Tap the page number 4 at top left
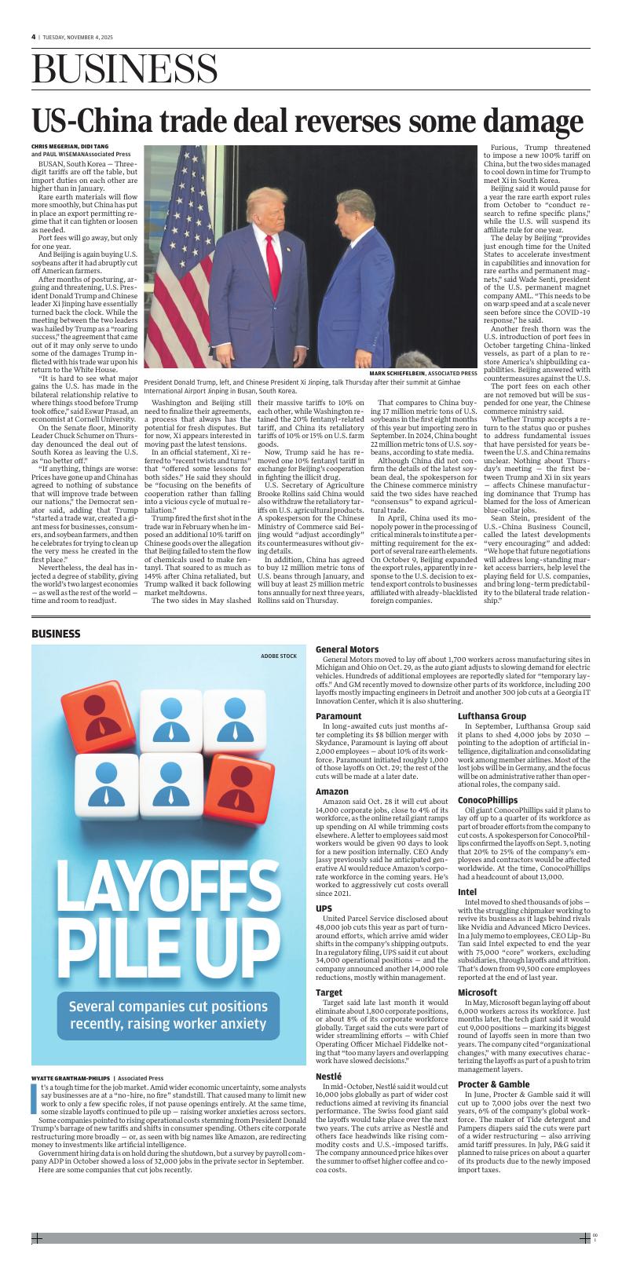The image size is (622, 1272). click(34, 37)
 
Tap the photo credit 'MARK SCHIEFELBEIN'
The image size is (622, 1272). click(403, 373)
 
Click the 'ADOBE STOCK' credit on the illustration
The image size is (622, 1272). click(279, 656)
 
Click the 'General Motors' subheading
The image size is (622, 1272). click(347, 649)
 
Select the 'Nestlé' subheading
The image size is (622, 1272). click(329, 1075)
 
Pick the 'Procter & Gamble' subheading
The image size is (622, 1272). click(493, 1084)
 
